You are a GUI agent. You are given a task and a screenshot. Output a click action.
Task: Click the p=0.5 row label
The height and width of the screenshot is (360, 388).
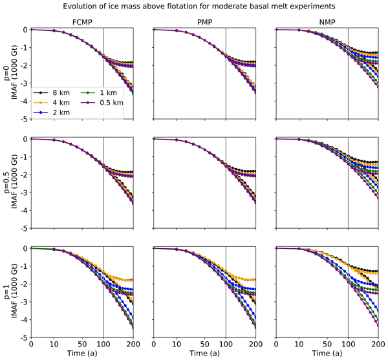tap(6, 184)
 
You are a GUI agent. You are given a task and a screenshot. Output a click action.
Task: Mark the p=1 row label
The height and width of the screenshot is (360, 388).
tap(6, 293)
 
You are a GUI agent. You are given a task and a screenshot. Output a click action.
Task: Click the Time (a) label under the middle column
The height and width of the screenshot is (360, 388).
tap(204, 355)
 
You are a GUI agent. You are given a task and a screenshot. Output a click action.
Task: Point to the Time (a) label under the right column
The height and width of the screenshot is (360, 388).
tap(327, 355)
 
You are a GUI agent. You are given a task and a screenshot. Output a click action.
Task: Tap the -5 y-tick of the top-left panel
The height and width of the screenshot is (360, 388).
tap(23, 120)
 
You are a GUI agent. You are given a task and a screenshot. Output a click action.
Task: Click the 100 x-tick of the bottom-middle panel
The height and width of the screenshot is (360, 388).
tap(226, 344)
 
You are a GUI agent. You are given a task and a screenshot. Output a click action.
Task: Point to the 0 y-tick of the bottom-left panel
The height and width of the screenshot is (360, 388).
tap(25, 249)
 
